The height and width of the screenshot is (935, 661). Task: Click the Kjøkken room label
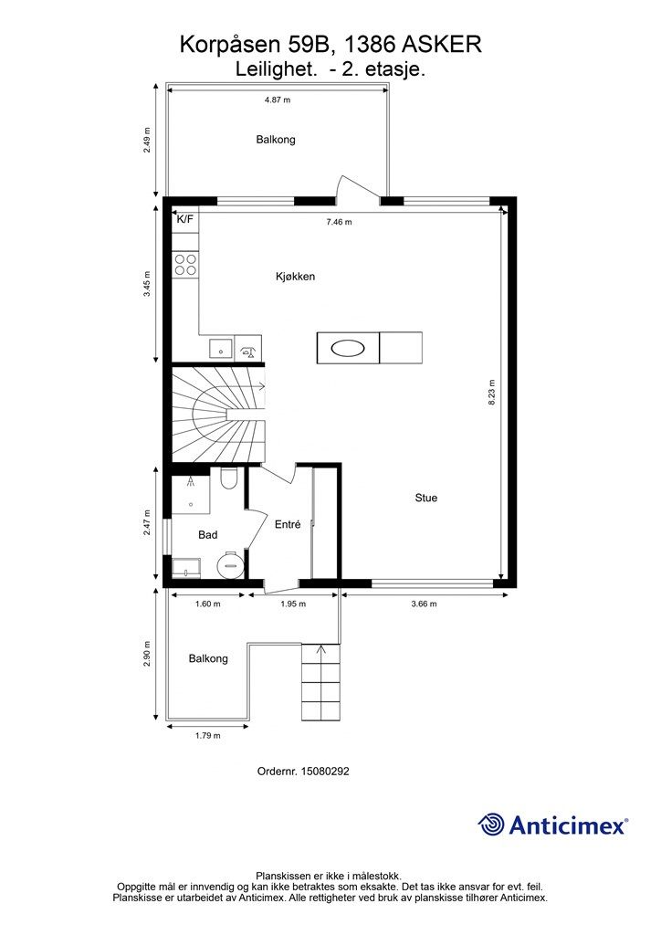coord(295,277)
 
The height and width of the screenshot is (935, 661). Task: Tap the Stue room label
coord(426,498)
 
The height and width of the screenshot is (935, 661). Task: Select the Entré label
coord(288,525)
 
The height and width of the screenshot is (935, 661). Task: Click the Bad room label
coord(208,535)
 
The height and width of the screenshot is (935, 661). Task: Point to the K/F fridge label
coord(184,219)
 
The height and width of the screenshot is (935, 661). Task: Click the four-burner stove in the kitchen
coord(185,264)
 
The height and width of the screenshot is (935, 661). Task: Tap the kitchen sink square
coord(221,348)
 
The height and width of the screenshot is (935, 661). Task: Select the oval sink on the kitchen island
coord(348,348)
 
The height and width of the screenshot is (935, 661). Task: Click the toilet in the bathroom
coord(228,478)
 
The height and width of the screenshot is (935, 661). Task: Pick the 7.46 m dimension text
coord(339,223)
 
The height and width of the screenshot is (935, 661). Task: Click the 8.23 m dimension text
coord(492,393)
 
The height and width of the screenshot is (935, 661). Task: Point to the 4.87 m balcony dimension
coord(278,100)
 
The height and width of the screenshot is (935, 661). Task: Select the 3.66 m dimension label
coord(424,604)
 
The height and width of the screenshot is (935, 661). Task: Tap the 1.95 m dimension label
coord(293,604)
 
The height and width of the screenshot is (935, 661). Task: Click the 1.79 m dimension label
coord(207,736)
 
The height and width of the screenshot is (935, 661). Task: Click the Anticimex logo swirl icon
coord(492,825)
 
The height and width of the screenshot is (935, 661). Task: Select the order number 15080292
coord(325,772)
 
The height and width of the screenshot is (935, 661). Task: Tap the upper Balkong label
coord(276,140)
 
